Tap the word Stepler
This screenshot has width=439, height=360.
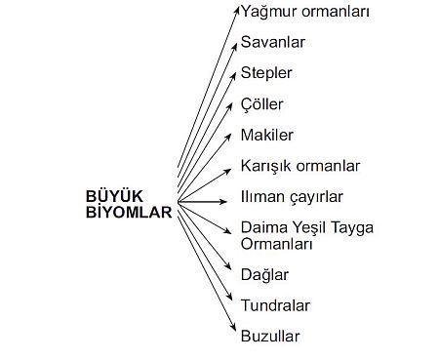(266, 73)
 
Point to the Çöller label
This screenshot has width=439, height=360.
(263, 103)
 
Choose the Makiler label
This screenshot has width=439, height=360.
(266, 134)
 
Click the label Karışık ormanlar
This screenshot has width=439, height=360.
(300, 165)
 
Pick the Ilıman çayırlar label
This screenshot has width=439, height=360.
(290, 196)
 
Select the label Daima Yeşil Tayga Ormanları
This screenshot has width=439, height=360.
(307, 236)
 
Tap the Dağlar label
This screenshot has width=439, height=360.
(264, 275)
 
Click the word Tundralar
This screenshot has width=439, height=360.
(275, 305)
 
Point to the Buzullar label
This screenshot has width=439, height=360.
(270, 337)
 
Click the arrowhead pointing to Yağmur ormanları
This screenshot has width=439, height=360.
(236, 10)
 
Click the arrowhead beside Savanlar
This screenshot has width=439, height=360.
(234, 40)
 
